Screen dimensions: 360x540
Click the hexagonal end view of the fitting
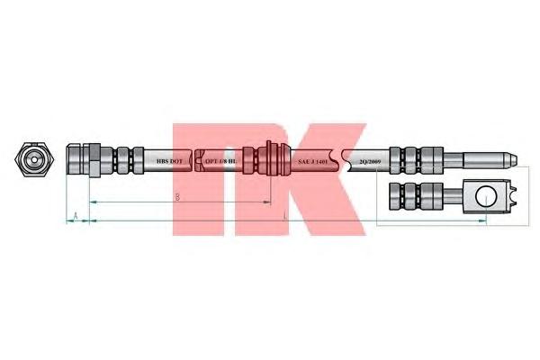click(33, 161)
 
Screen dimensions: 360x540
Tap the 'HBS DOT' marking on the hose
click(169, 161)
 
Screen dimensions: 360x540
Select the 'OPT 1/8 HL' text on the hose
click(220, 161)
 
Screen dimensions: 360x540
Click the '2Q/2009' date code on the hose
click(370, 161)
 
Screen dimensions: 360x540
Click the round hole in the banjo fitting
click(485, 195)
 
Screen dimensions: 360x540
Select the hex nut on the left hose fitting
click(91, 161)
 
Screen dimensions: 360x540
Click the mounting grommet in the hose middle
click(269, 161)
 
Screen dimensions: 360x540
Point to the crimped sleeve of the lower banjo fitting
click(410, 195)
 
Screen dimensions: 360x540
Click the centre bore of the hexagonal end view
click(33, 161)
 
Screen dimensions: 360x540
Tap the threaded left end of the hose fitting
click(73, 161)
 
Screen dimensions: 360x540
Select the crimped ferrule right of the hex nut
click(122, 161)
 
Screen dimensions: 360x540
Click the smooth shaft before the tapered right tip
click(477, 161)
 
